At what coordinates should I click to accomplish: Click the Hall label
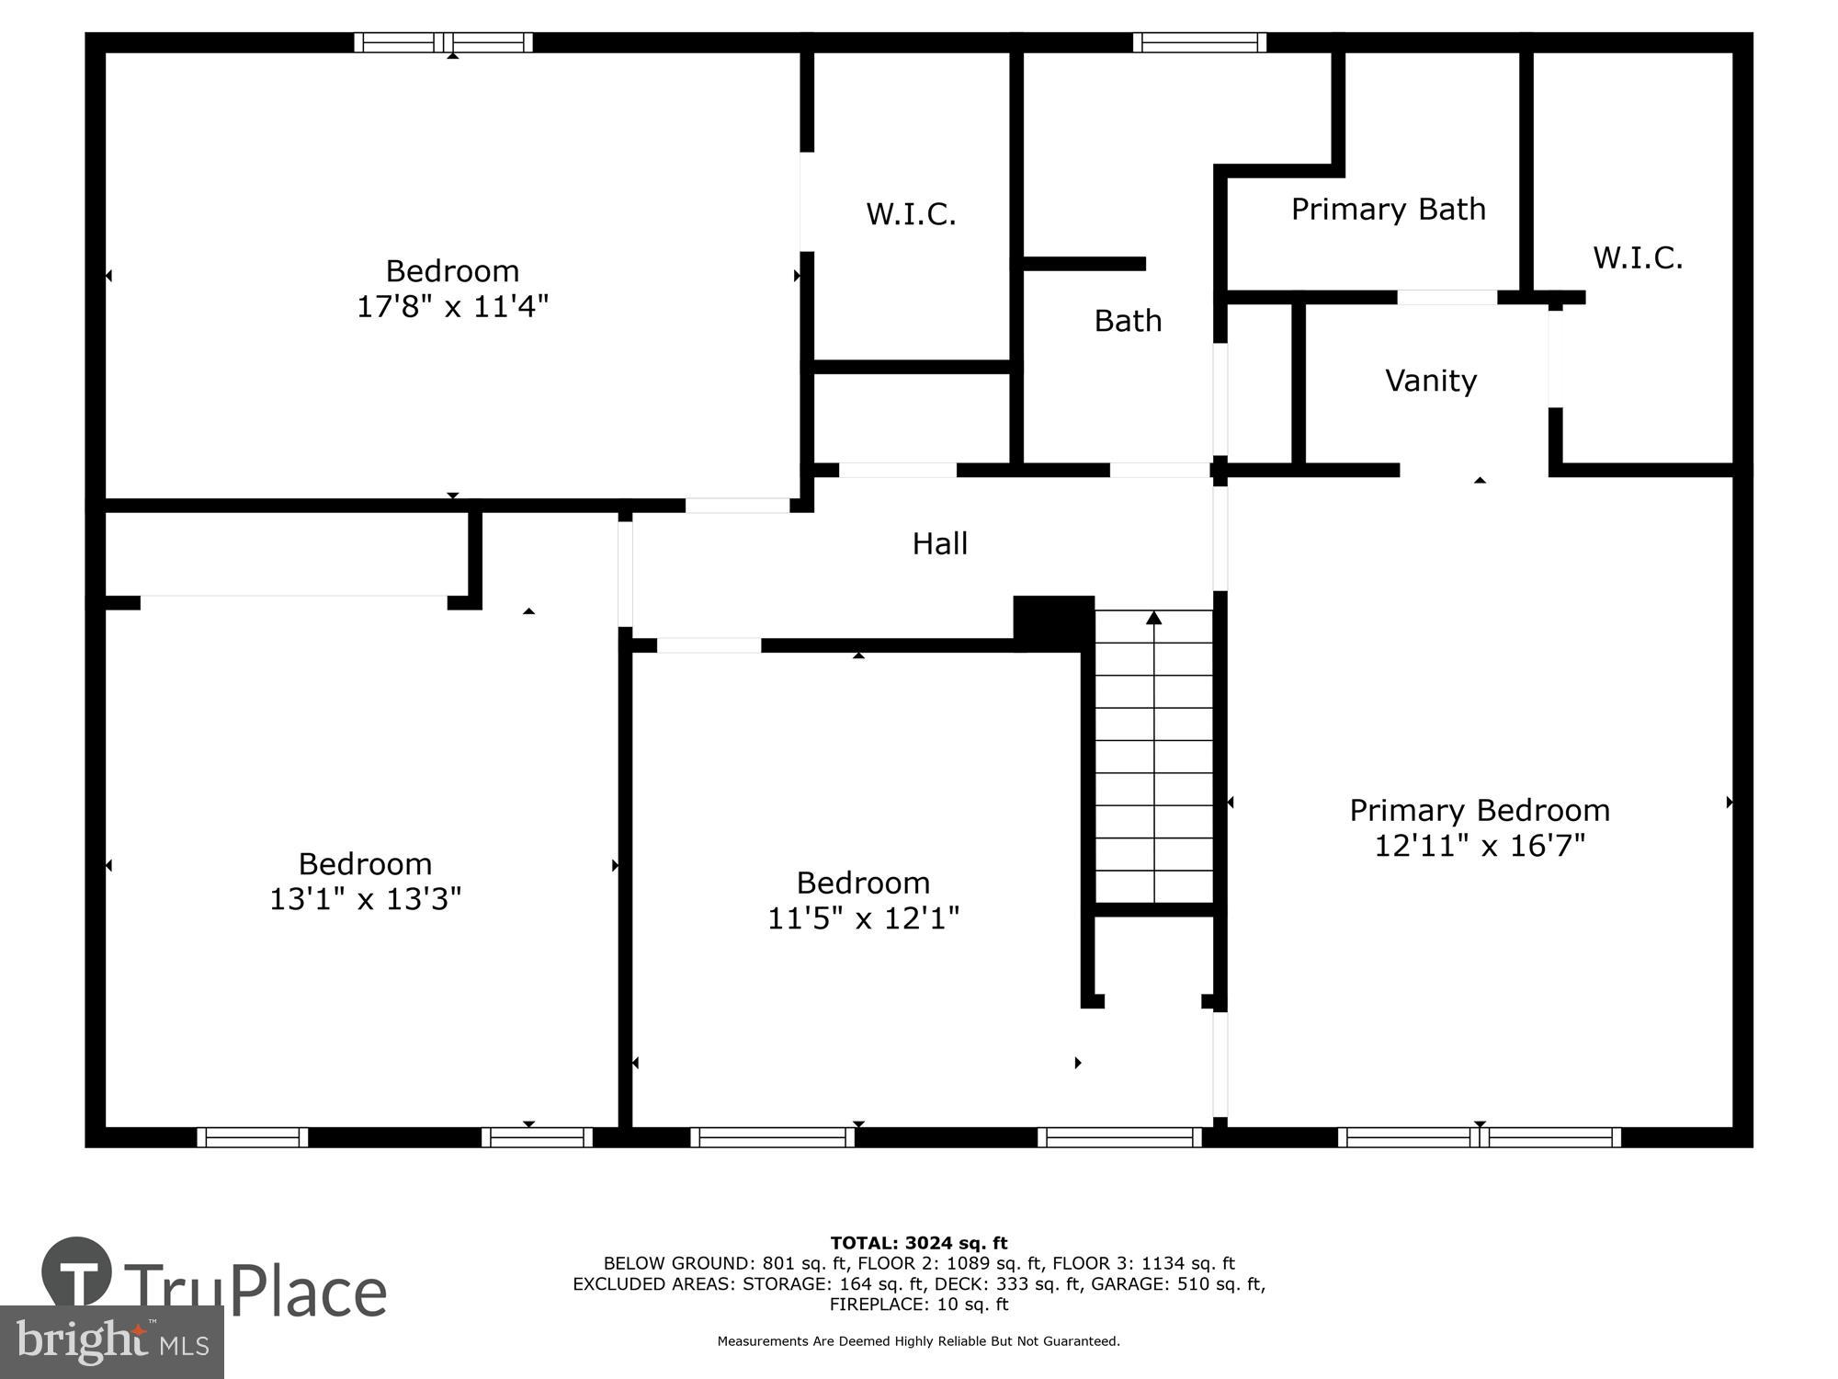click(939, 543)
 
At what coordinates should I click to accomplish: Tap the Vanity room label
click(1431, 380)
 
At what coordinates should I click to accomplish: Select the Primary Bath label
click(1388, 209)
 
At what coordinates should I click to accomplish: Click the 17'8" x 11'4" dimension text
click(452, 306)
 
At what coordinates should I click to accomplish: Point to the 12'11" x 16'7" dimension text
click(1480, 845)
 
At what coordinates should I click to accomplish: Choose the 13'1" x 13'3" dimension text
click(365, 898)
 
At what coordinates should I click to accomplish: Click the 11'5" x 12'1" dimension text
click(863, 917)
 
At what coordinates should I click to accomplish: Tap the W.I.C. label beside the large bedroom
click(911, 214)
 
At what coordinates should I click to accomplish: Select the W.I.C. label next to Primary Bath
click(1638, 257)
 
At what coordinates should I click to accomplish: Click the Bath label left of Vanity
click(1128, 320)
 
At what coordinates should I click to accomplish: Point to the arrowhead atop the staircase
click(1154, 618)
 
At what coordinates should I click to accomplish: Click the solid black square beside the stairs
click(1053, 621)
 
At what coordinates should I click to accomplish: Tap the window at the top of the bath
click(1199, 42)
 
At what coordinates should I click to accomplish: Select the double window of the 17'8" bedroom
click(444, 42)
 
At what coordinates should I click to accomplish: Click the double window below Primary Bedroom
click(1480, 1137)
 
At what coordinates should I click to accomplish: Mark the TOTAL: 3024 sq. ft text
click(919, 1243)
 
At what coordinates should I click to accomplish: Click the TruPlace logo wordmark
click(255, 1291)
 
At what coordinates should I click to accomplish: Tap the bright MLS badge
click(112, 1342)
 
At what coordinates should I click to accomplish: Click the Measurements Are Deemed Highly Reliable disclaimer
click(919, 1341)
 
